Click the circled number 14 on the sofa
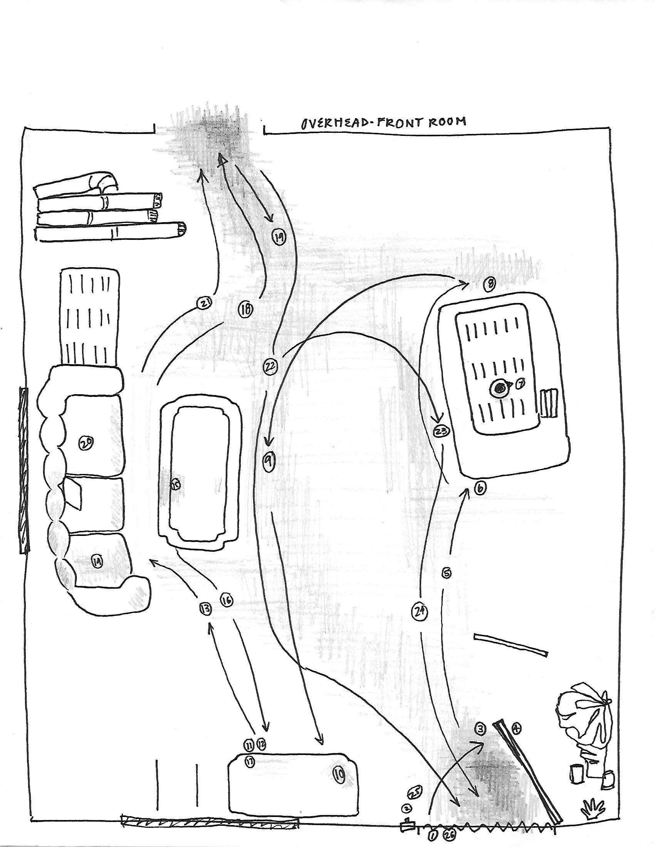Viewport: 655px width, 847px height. point(97,561)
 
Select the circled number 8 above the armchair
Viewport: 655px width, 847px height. point(490,284)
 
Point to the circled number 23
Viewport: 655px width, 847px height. point(441,431)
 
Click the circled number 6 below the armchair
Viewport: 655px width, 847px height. point(480,489)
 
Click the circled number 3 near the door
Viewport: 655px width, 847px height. point(480,730)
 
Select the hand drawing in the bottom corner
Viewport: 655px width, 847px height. point(593,808)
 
